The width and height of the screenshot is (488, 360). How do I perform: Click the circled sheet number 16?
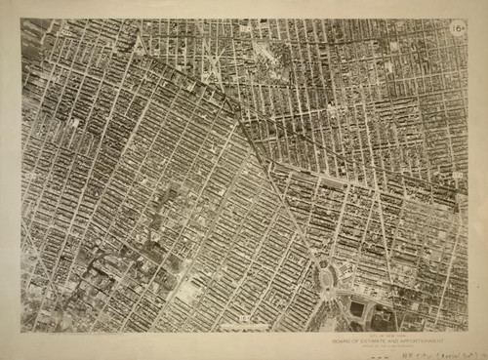click(x=456, y=30)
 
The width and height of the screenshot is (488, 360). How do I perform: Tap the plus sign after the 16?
click(x=463, y=30)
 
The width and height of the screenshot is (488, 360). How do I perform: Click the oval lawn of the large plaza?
click(x=325, y=278)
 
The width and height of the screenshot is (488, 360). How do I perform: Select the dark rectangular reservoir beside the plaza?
click(x=357, y=309)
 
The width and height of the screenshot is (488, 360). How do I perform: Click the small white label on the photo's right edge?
click(x=459, y=176)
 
